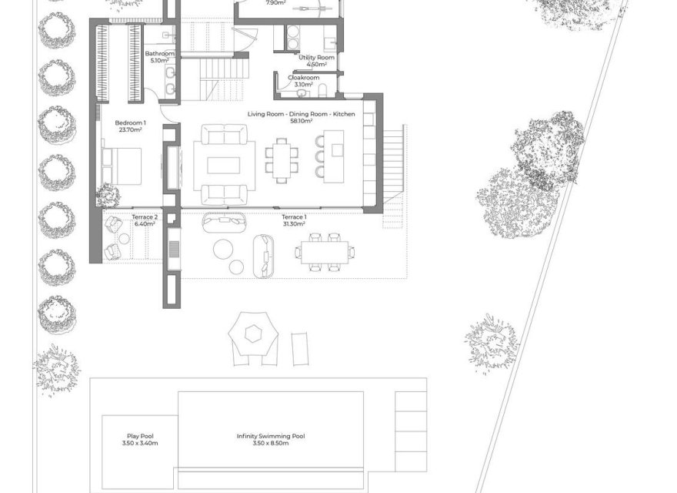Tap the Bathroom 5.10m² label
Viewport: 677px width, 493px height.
pos(160,57)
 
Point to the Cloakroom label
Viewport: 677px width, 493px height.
pos(303,78)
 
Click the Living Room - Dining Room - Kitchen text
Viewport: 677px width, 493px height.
pos(301,114)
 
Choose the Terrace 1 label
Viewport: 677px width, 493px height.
pos(293,218)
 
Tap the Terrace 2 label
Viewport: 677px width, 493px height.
pos(145,218)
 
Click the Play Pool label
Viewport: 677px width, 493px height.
pos(140,436)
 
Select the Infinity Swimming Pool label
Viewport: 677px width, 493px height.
pos(270,436)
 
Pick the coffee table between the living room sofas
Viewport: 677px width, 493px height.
pos(223,165)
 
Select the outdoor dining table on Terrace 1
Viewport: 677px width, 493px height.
pos(324,250)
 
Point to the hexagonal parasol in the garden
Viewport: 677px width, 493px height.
pos(251,334)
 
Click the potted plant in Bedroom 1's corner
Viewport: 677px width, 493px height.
pos(108,196)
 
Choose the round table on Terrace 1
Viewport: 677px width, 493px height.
pos(224,248)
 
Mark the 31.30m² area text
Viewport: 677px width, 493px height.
pos(293,224)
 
